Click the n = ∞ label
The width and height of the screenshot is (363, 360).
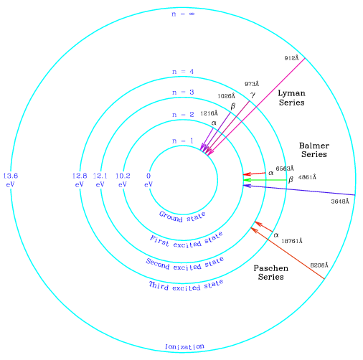coord(183,14)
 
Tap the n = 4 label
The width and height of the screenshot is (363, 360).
coord(183,72)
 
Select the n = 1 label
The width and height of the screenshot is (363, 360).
coord(183,141)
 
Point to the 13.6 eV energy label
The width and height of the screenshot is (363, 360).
coord(11,180)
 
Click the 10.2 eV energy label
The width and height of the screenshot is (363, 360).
coord(123,180)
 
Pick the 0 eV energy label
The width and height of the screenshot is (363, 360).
coord(148,180)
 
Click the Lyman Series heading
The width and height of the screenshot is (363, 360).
coord(292,98)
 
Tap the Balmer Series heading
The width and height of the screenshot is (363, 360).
coord(314,150)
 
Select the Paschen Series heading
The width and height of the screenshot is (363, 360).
coord(271,273)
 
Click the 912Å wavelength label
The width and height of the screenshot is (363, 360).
coord(291,58)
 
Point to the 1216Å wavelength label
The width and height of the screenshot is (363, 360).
coord(209,113)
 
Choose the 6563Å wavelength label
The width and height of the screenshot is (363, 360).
coord(285,169)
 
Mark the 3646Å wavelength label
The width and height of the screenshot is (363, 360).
coord(340,202)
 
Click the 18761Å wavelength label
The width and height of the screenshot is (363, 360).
coord(292,241)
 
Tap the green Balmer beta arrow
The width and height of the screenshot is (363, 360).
coord(265,180)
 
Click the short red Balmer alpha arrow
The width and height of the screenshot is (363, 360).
coord(254,174)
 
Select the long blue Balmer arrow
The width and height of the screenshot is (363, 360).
coord(299,190)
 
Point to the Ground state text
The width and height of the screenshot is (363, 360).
coord(182,217)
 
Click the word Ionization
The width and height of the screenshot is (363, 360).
coord(184,346)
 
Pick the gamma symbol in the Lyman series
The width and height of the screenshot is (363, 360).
coord(253,95)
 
